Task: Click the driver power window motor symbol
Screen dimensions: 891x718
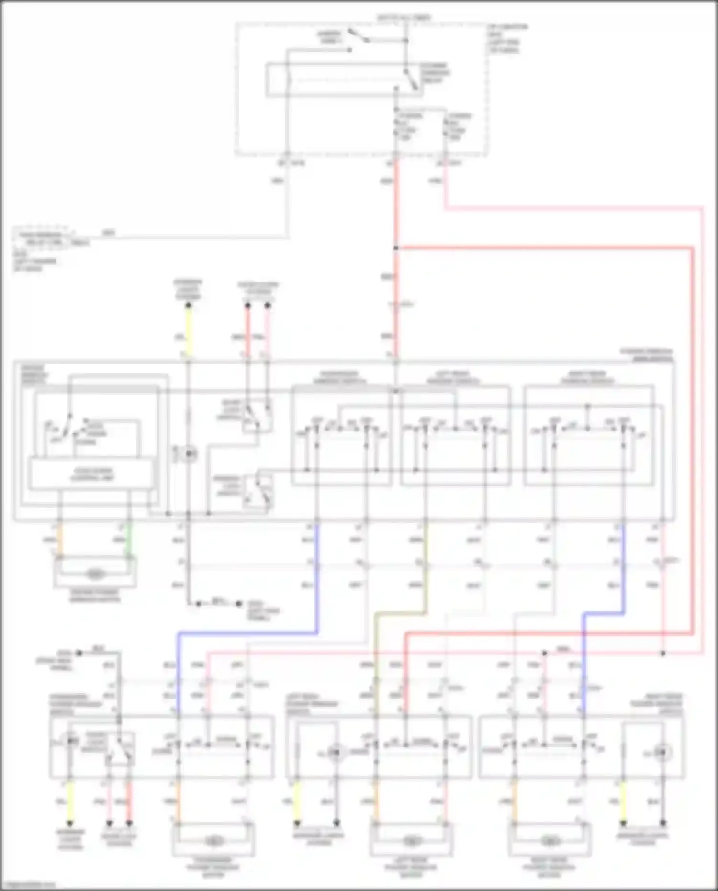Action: click(x=95, y=574)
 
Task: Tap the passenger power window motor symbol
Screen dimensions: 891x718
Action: click(x=213, y=841)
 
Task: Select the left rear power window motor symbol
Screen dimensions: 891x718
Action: click(x=411, y=841)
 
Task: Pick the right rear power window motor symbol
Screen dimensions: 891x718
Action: click(x=550, y=841)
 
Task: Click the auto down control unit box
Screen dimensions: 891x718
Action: click(x=92, y=474)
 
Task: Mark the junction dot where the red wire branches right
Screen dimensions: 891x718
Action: click(x=396, y=248)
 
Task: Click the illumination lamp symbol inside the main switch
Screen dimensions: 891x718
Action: click(x=189, y=453)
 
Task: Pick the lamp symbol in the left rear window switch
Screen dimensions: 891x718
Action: click(x=337, y=753)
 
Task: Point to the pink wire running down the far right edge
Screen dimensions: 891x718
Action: click(x=703, y=431)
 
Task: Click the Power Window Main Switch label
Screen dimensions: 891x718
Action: click(x=646, y=355)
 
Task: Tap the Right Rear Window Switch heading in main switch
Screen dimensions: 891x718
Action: click(x=587, y=377)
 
